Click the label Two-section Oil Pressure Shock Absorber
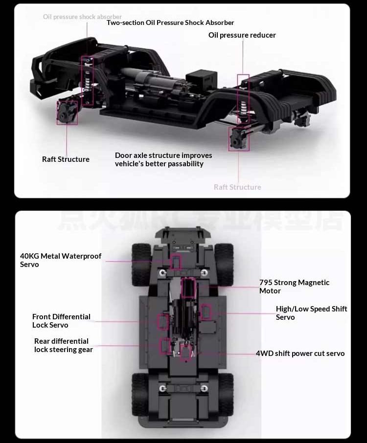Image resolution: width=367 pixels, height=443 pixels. (170, 22)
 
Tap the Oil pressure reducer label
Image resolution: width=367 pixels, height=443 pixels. (242, 35)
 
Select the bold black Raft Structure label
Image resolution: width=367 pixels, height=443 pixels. (66, 159)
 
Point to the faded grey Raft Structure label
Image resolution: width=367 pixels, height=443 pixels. (237, 187)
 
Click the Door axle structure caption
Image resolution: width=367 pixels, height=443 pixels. (163, 159)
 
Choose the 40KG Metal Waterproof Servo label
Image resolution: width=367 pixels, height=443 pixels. (61, 260)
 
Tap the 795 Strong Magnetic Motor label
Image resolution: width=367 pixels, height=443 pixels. (294, 287)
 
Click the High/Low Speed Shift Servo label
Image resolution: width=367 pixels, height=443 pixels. (311, 313)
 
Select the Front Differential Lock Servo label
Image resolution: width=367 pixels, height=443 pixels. (61, 321)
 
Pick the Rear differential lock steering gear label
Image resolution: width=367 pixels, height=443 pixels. (63, 345)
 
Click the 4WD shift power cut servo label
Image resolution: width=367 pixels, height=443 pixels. (300, 354)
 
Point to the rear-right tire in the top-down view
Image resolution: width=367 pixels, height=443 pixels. (225, 394)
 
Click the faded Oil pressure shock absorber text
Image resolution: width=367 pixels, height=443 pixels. (82, 17)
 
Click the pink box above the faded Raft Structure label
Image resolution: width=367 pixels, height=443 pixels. (238, 138)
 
